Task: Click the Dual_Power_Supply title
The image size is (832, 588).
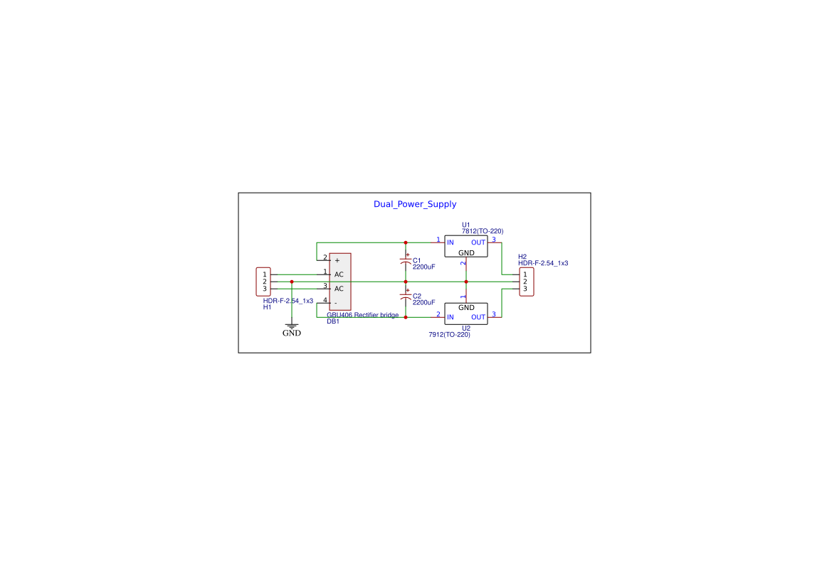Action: pos(414,204)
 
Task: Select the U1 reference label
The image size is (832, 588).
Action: pos(466,225)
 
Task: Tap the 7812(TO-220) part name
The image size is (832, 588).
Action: pos(483,231)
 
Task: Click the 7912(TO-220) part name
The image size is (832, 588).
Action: pos(449,335)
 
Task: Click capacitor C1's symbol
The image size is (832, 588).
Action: pos(406,260)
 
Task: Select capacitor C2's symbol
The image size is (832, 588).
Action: pos(406,296)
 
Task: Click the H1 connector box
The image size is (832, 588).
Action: pos(263,282)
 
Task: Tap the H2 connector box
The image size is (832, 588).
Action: pos(527,282)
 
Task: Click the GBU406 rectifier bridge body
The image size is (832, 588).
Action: pos(340,282)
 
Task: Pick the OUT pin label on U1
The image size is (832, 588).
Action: pos(478,243)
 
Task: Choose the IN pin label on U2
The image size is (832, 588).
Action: pos(451,317)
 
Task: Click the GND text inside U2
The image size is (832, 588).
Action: pos(466,308)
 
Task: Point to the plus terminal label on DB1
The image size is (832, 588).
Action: pos(337,260)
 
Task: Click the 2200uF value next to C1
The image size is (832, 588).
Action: pos(424,267)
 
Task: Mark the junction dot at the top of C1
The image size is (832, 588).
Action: pos(406,243)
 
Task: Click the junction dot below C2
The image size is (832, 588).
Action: pos(406,317)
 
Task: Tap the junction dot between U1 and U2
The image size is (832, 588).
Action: pos(466,282)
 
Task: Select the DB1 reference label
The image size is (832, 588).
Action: pos(332,321)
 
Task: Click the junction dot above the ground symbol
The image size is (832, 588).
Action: pos(291,282)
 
